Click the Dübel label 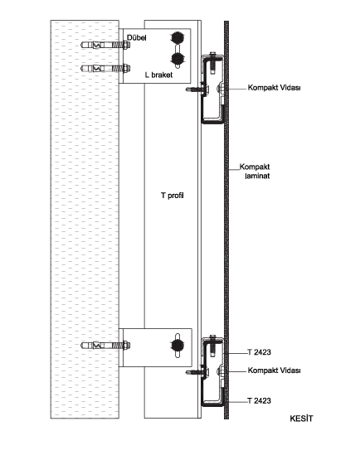[x=137, y=37]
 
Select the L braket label [x=159, y=75]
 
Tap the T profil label [x=173, y=196]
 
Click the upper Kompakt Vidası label [x=275, y=87]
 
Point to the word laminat [x=257, y=176]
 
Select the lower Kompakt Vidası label [x=275, y=370]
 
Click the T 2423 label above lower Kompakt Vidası [x=260, y=352]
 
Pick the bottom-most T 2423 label [x=260, y=401]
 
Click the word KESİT [x=302, y=419]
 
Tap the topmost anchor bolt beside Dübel [x=105, y=46]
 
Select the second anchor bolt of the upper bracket [x=105, y=69]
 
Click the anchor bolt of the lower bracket [x=105, y=346]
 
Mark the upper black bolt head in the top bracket [x=178, y=37]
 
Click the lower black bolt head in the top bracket [x=178, y=59]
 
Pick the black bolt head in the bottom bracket [x=178, y=345]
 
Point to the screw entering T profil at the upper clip [x=197, y=89]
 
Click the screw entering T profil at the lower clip [x=197, y=372]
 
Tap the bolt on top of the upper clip [x=213, y=62]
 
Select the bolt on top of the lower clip [x=213, y=346]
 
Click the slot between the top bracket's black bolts [x=178, y=48]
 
